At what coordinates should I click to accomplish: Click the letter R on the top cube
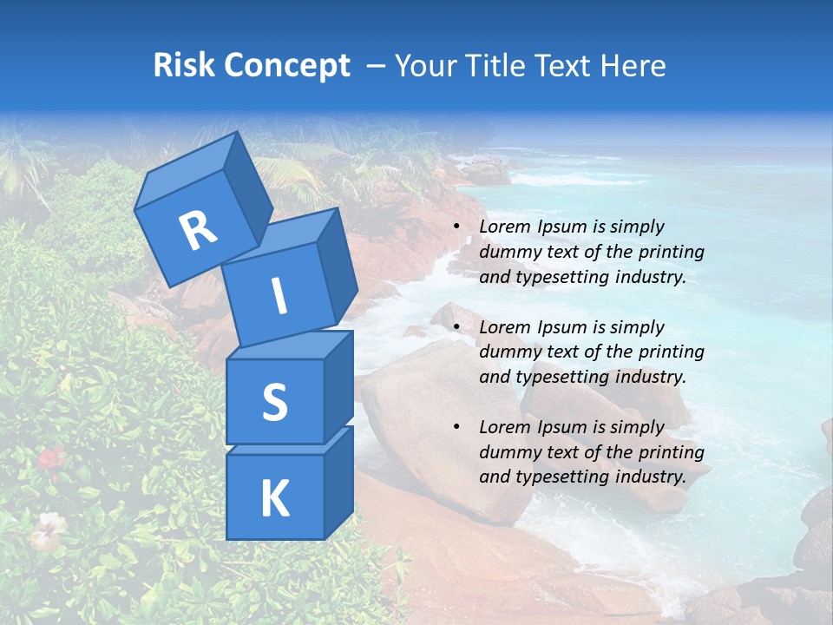click(x=198, y=230)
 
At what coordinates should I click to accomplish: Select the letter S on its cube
click(x=274, y=402)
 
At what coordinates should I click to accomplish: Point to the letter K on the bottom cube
click(x=274, y=499)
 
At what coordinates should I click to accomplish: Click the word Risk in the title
click(x=186, y=66)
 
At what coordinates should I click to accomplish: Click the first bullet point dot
click(x=457, y=227)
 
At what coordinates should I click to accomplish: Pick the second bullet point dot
click(x=457, y=327)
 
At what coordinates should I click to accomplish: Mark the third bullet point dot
click(x=457, y=427)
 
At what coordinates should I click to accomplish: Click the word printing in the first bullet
click(x=672, y=252)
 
